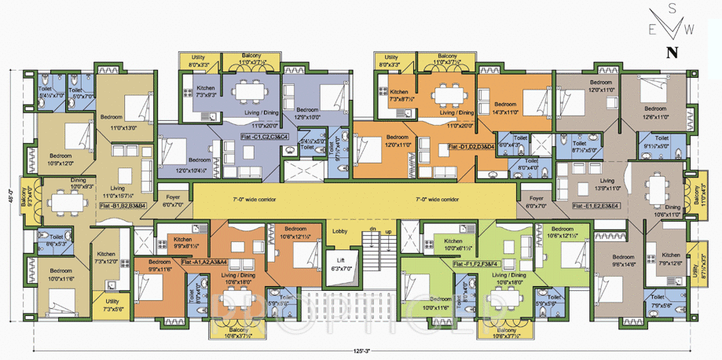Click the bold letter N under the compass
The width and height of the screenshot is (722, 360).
671,53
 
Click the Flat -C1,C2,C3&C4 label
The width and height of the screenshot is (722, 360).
264,138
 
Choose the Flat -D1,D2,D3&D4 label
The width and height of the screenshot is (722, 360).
471,147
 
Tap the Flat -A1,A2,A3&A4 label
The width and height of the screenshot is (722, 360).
203,262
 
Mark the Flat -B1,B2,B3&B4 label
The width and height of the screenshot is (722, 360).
123,205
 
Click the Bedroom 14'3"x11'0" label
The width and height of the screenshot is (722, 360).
505,108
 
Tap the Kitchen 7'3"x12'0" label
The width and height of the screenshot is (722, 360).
106,257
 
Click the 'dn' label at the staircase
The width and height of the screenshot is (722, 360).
374,230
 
